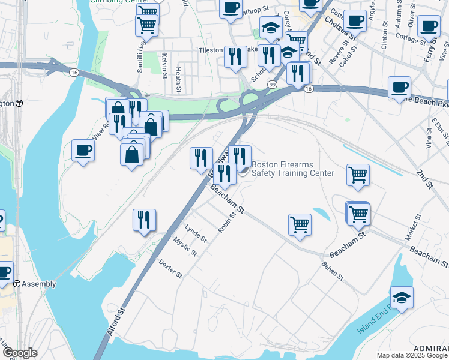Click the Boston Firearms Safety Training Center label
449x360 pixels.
point(292,169)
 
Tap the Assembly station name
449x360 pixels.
point(39,284)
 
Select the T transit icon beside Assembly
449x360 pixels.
point(17,284)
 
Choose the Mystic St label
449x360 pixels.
point(185,247)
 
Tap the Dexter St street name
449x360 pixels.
point(170,268)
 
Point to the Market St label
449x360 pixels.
point(414,230)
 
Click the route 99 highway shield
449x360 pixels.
point(272,85)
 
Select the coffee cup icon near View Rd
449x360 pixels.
point(83,149)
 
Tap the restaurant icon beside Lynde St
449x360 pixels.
point(144,220)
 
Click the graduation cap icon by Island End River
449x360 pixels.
point(401,297)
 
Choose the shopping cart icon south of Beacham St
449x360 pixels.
point(299,224)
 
